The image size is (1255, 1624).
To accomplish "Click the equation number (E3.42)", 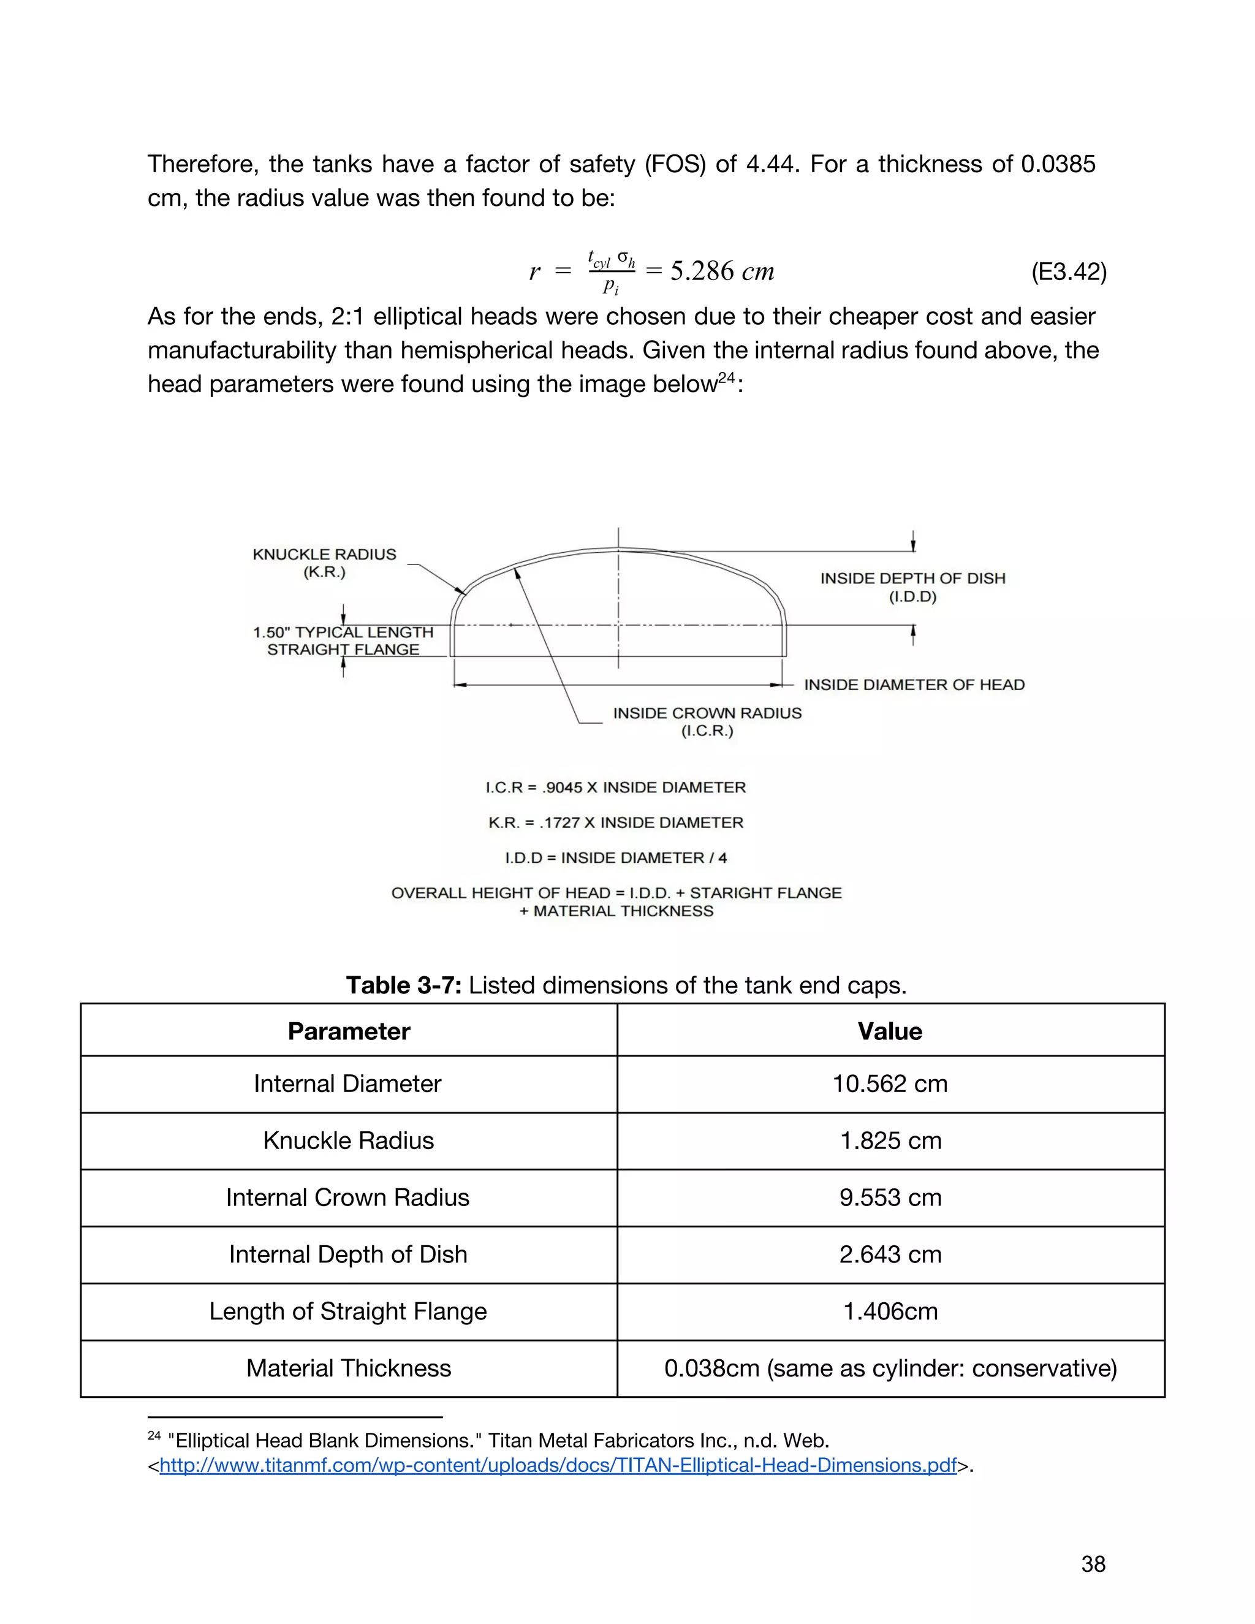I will (1068, 272).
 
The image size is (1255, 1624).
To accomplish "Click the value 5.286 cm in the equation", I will (722, 271).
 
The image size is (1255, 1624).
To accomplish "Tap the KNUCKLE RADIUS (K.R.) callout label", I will (324, 563).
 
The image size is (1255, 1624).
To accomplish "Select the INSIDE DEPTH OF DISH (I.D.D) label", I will (912, 588).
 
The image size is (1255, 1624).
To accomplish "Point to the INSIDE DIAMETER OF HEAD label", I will (914, 685).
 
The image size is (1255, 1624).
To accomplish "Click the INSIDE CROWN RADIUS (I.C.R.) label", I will (707, 721).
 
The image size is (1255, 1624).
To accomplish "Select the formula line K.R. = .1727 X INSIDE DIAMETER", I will (616, 822).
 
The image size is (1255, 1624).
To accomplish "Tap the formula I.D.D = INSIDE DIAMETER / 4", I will (616, 858).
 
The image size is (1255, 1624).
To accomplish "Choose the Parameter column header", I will (349, 1031).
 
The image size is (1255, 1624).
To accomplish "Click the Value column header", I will (889, 1031).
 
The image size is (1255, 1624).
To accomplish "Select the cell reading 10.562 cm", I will (889, 1084).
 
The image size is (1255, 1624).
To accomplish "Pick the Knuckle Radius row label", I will (348, 1140).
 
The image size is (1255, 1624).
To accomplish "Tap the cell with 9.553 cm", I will (890, 1197).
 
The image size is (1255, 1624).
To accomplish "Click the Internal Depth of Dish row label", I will (348, 1254).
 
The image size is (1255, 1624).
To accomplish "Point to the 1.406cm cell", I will (890, 1311).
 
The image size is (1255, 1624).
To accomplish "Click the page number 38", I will (1093, 1564).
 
